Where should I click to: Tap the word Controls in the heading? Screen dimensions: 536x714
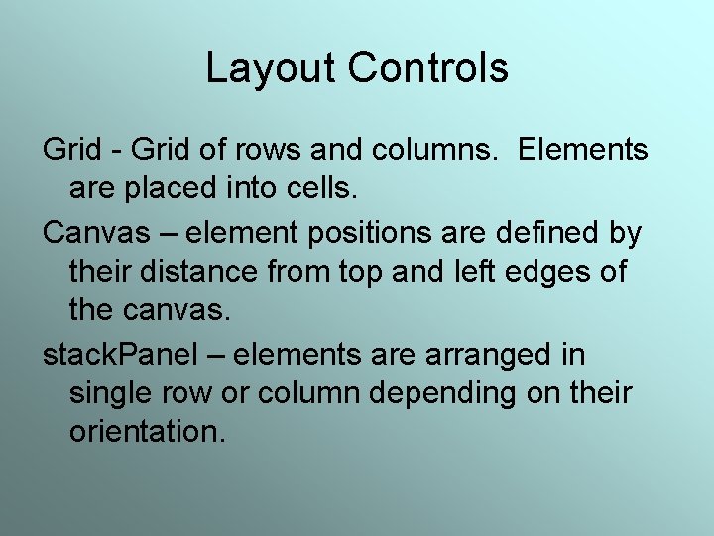coord(428,68)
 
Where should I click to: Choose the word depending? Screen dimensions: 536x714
coord(442,394)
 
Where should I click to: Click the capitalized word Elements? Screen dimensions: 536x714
coord(583,151)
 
